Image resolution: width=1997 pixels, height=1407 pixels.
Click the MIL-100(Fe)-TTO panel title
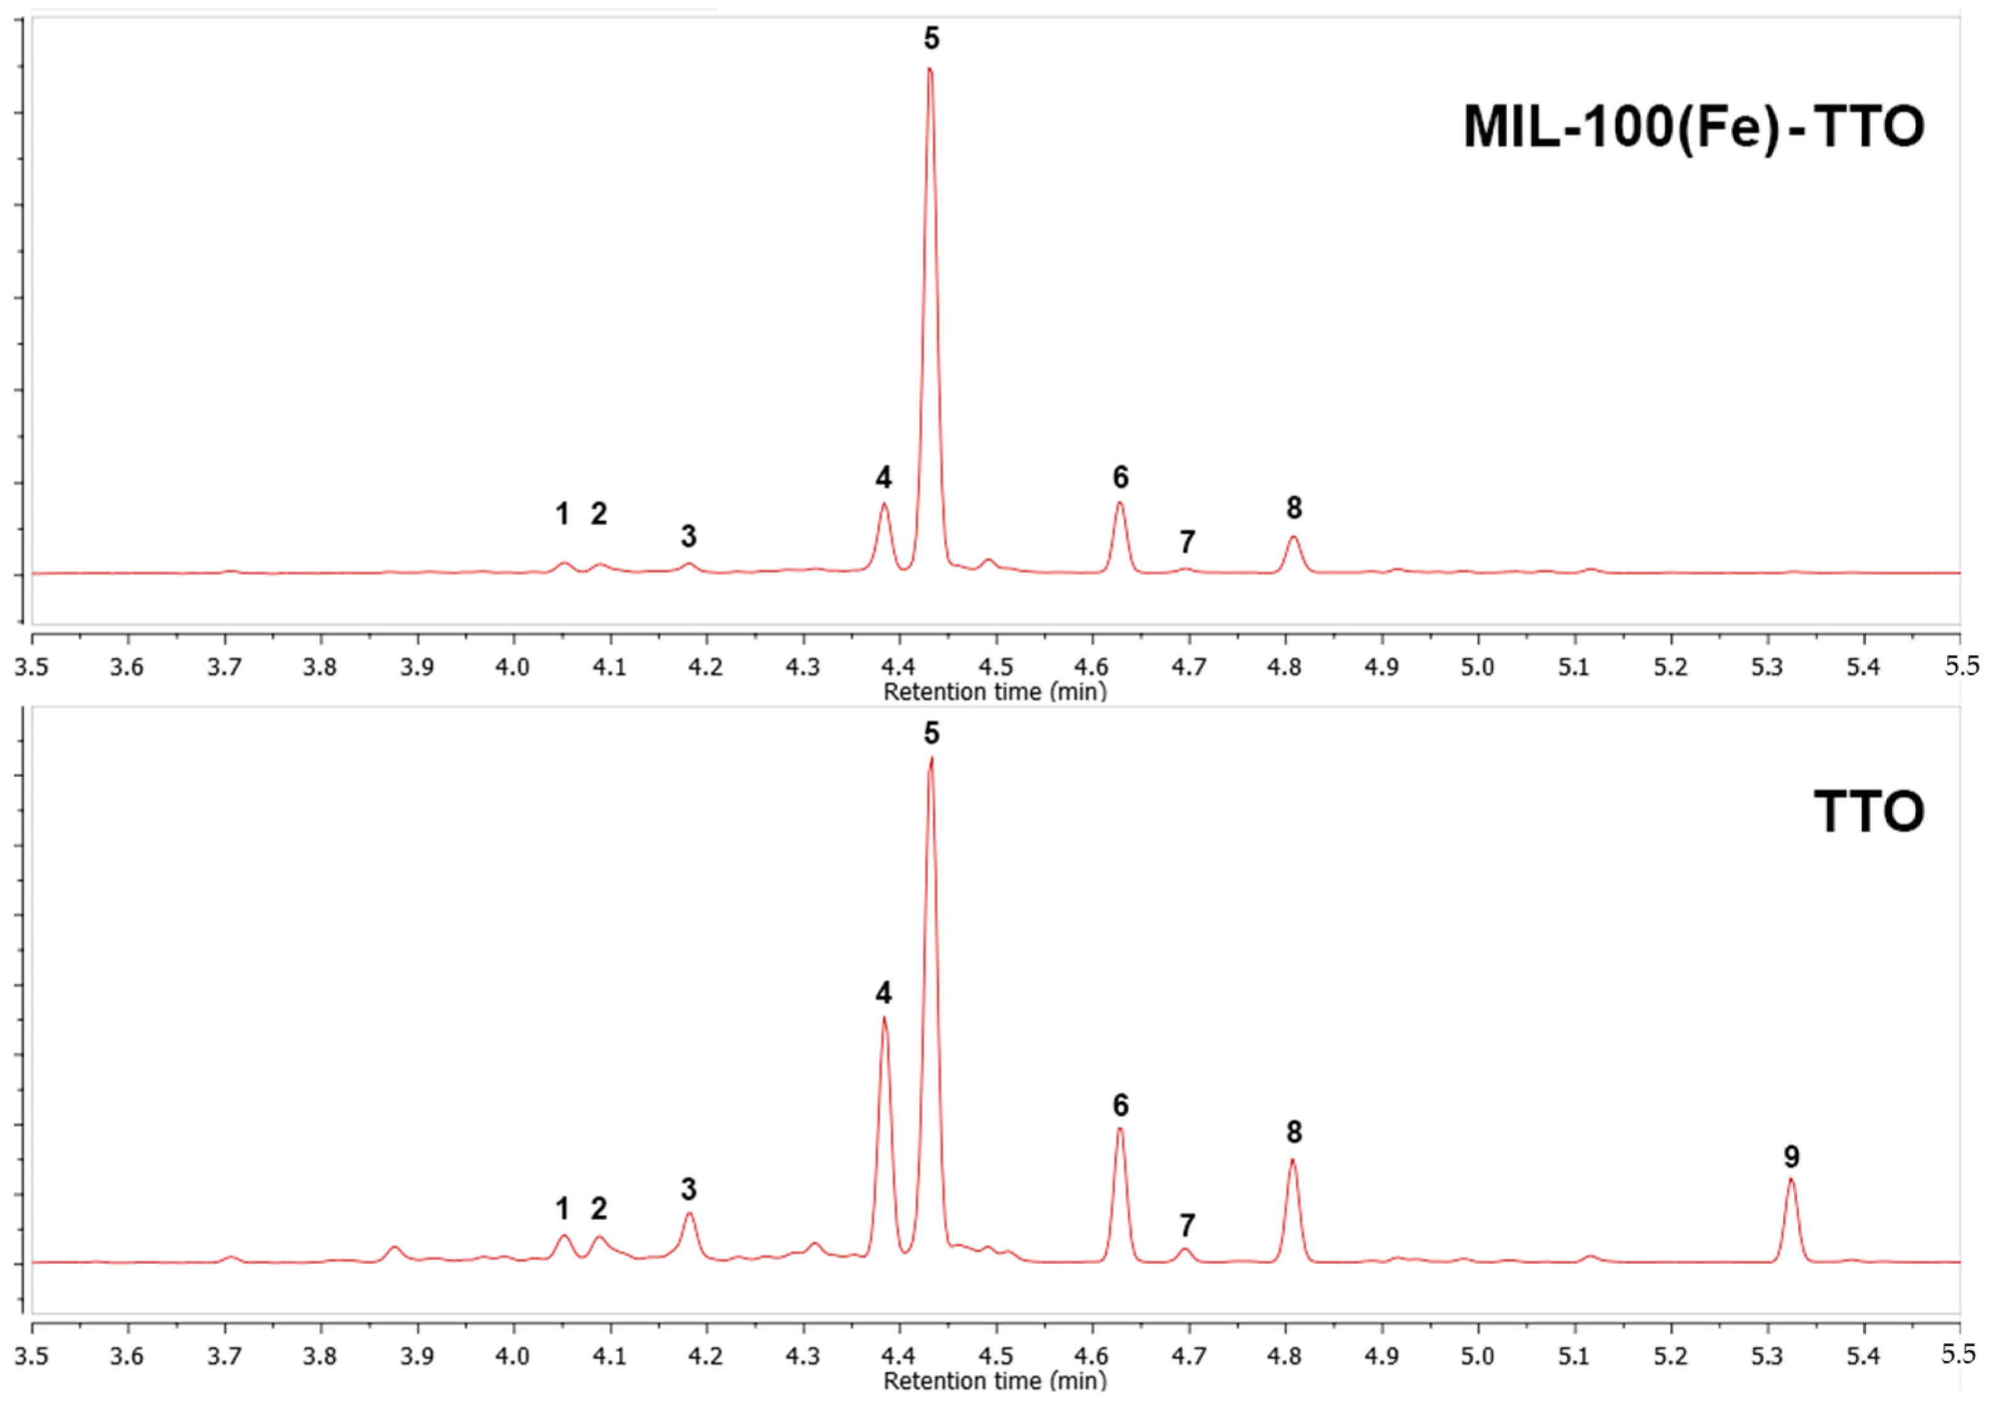1693,128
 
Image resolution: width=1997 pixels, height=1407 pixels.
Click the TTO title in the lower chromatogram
1868,812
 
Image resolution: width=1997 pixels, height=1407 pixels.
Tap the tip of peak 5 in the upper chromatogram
930,70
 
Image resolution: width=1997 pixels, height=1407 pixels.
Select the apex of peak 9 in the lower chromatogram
1791,1179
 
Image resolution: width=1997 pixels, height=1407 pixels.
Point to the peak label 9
1792,1157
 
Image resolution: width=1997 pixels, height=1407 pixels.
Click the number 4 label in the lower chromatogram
884,993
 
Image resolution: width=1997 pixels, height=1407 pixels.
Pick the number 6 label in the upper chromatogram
1120,477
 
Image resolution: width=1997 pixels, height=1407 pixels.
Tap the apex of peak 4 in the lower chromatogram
884,1018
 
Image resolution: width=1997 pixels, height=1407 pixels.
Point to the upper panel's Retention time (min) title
995,692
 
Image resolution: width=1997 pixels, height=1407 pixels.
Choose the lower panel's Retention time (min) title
995,1381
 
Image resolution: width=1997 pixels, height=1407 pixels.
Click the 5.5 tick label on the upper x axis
1961,667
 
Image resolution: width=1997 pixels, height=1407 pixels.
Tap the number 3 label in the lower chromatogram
689,1189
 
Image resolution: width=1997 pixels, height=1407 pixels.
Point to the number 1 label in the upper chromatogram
563,515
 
